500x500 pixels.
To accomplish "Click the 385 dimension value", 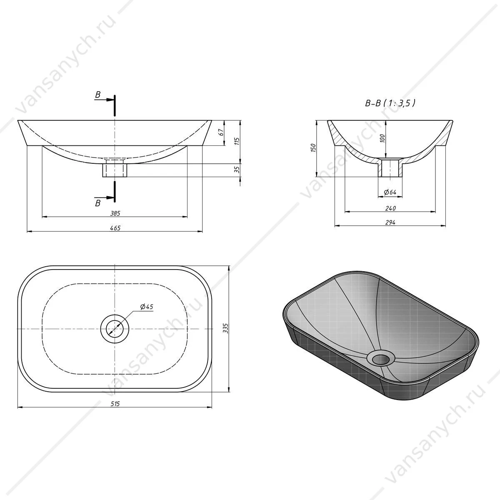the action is click(115, 213).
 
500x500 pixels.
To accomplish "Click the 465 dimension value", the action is click(115, 228).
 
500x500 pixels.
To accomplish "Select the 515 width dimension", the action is click(115, 404).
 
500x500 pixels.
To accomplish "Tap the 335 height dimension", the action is click(225, 328).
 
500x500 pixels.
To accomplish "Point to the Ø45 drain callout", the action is click(147, 307).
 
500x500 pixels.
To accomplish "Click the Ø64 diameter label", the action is click(390, 192).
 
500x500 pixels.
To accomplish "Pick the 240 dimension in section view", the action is click(390, 208).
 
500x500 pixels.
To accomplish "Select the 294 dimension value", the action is click(390, 222).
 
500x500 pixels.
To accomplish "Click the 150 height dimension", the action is click(313, 147).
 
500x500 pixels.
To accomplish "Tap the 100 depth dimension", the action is click(382, 138).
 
